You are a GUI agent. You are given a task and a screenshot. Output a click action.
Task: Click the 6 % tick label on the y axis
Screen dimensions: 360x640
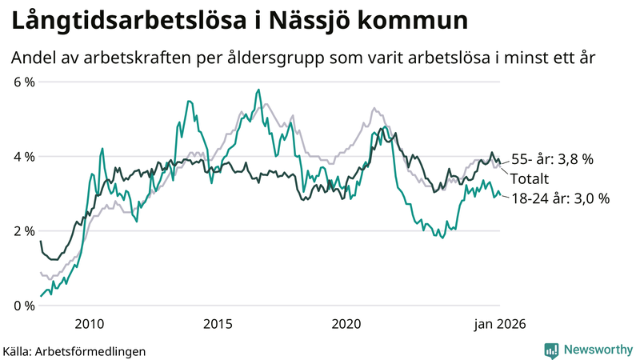pyautogui.click(x=24, y=82)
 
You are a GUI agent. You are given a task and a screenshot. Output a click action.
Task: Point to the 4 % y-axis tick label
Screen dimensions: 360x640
pyautogui.click(x=24, y=157)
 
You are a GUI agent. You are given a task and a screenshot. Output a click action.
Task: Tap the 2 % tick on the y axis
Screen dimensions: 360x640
pyautogui.click(x=24, y=231)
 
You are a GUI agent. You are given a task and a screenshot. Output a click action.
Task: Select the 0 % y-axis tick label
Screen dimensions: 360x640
pyautogui.click(x=24, y=306)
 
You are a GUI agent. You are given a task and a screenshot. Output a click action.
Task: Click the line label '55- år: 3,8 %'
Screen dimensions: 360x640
pyautogui.click(x=552, y=159)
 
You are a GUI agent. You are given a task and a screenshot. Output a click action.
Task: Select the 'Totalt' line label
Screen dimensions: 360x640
pyautogui.click(x=530, y=178)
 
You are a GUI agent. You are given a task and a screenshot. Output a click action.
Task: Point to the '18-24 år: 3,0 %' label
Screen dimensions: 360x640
pyautogui.click(x=560, y=198)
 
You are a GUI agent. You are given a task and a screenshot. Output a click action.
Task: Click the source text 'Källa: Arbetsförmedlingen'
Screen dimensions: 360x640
pyautogui.click(x=74, y=350)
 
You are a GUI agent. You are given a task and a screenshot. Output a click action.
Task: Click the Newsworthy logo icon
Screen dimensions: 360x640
pyautogui.click(x=551, y=350)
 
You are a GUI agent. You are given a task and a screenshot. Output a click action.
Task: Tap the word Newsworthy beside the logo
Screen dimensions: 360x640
pyautogui.click(x=596, y=350)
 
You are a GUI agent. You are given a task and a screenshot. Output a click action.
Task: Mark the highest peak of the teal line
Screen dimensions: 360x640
pyautogui.click(x=258, y=90)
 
